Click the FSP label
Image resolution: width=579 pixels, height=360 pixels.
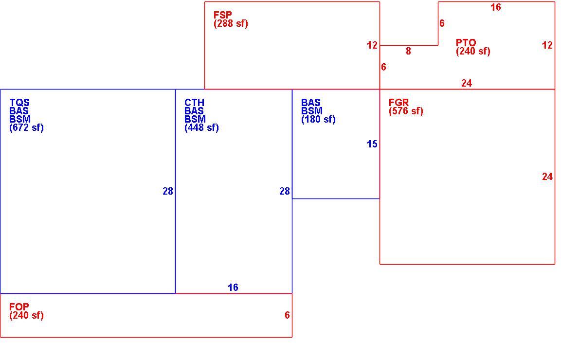(x=223, y=15)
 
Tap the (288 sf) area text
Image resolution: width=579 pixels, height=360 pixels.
(x=231, y=24)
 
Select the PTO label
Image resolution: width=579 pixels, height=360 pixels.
(x=466, y=43)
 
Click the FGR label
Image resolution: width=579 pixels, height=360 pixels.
(x=399, y=103)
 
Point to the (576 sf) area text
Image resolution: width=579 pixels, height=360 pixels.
(x=406, y=111)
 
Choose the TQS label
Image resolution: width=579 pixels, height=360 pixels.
(x=19, y=103)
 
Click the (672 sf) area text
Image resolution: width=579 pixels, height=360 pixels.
(x=27, y=128)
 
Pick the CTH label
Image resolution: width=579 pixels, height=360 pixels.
(x=194, y=103)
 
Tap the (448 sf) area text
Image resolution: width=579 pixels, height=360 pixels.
(x=201, y=128)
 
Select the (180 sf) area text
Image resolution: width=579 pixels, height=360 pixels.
(x=318, y=119)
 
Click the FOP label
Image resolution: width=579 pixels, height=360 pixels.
(x=19, y=307)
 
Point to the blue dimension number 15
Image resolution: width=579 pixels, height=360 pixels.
(x=372, y=144)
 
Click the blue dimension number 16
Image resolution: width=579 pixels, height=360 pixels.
(x=233, y=287)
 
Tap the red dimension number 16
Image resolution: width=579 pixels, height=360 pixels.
(x=495, y=7)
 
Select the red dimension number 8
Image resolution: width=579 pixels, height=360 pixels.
(x=408, y=51)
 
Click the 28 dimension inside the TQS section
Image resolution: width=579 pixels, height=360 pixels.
(x=168, y=191)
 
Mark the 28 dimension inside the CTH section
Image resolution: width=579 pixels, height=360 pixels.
(x=285, y=191)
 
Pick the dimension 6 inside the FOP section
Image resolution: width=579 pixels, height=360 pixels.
(x=287, y=315)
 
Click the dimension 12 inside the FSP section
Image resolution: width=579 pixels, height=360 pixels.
(x=372, y=45)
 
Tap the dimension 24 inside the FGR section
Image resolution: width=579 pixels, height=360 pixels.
(x=547, y=177)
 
